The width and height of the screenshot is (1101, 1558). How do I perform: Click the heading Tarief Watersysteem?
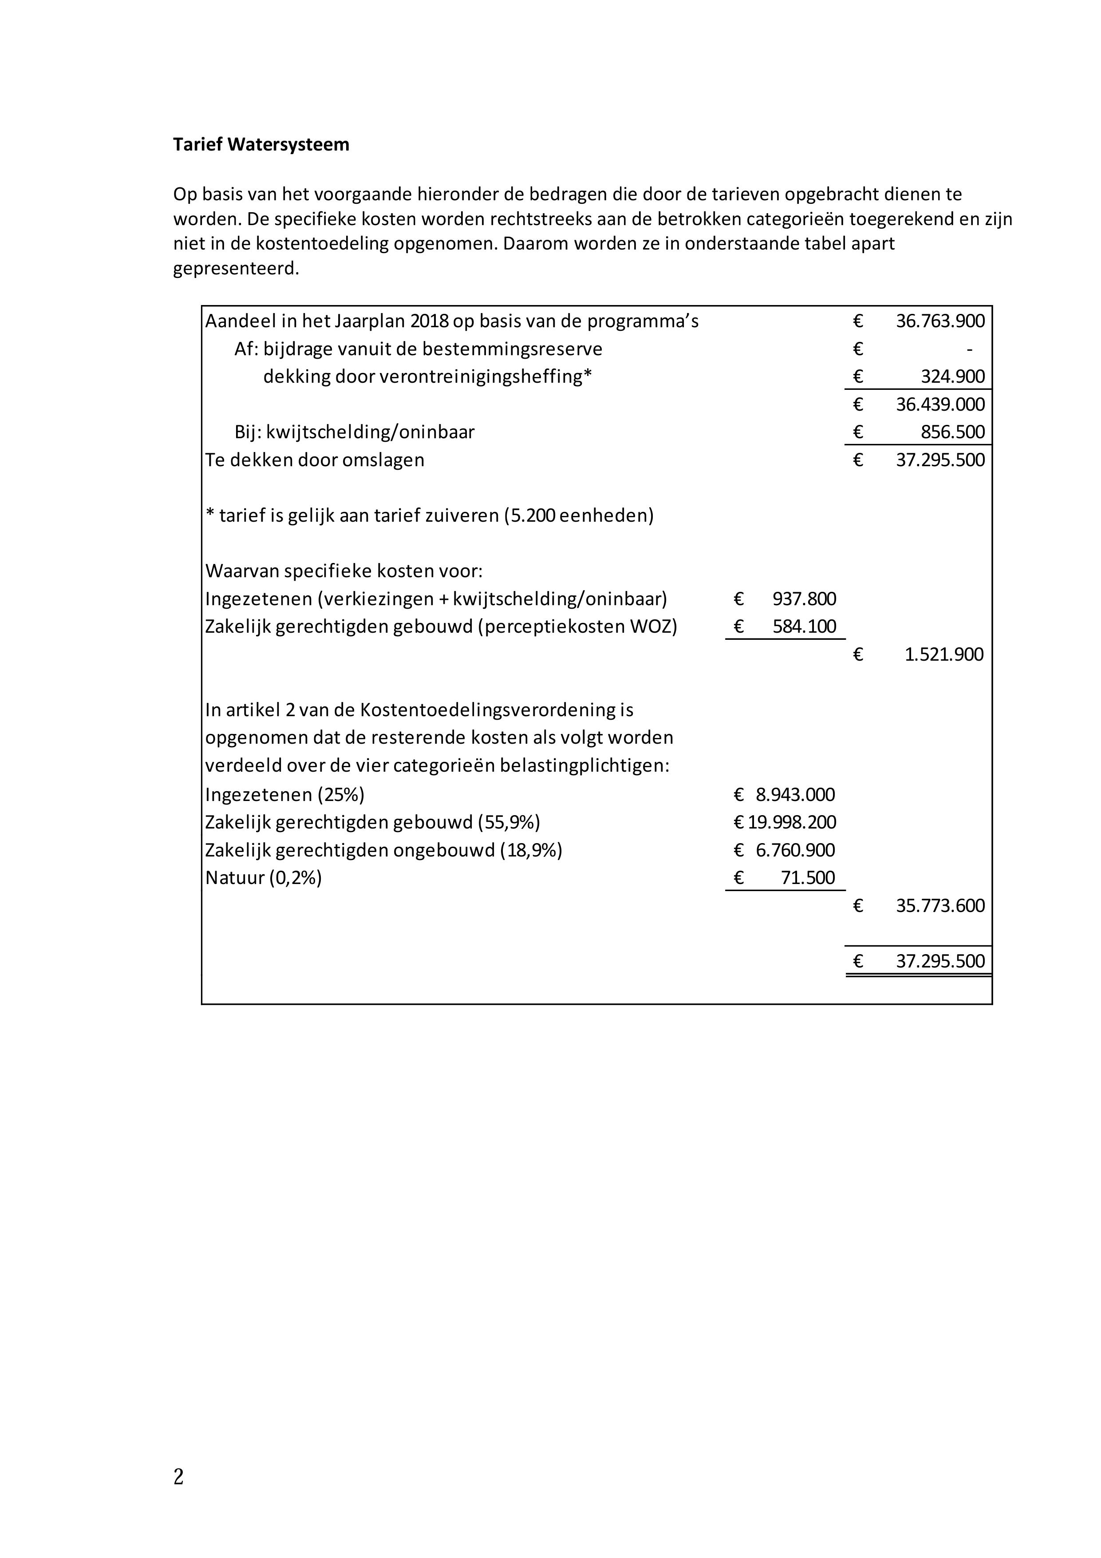[x=261, y=145]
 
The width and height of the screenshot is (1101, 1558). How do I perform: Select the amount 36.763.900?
[x=939, y=321]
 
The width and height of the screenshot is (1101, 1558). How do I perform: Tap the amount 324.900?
[x=952, y=377]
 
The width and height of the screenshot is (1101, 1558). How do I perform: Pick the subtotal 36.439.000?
[x=939, y=404]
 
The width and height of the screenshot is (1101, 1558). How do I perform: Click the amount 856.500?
[x=952, y=432]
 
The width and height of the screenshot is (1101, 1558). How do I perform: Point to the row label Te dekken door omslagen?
[x=315, y=460]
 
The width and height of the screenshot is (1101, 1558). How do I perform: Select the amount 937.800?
[x=804, y=599]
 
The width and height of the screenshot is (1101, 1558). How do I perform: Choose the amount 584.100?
[x=804, y=626]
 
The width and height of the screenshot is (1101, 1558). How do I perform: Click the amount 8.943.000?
[x=795, y=795]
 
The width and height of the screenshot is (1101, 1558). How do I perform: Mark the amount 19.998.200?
[x=792, y=822]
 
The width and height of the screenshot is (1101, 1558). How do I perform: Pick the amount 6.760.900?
[x=795, y=850]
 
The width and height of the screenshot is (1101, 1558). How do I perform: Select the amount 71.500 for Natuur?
[x=807, y=878]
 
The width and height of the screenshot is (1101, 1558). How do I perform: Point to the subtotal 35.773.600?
[x=939, y=906]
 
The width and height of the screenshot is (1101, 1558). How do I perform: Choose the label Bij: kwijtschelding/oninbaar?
[x=354, y=432]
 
